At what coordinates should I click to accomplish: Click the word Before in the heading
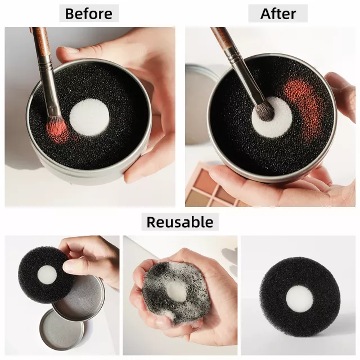click(x=89, y=13)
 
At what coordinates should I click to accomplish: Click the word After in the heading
click(x=278, y=13)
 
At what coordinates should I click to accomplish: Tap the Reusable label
click(x=180, y=222)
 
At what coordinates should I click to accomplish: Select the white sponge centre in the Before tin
click(x=89, y=117)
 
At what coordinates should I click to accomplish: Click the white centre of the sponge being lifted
click(x=47, y=274)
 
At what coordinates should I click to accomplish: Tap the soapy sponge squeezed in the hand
click(x=175, y=291)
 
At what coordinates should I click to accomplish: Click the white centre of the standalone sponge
click(x=300, y=299)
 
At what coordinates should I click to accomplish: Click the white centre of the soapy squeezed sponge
click(x=177, y=290)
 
